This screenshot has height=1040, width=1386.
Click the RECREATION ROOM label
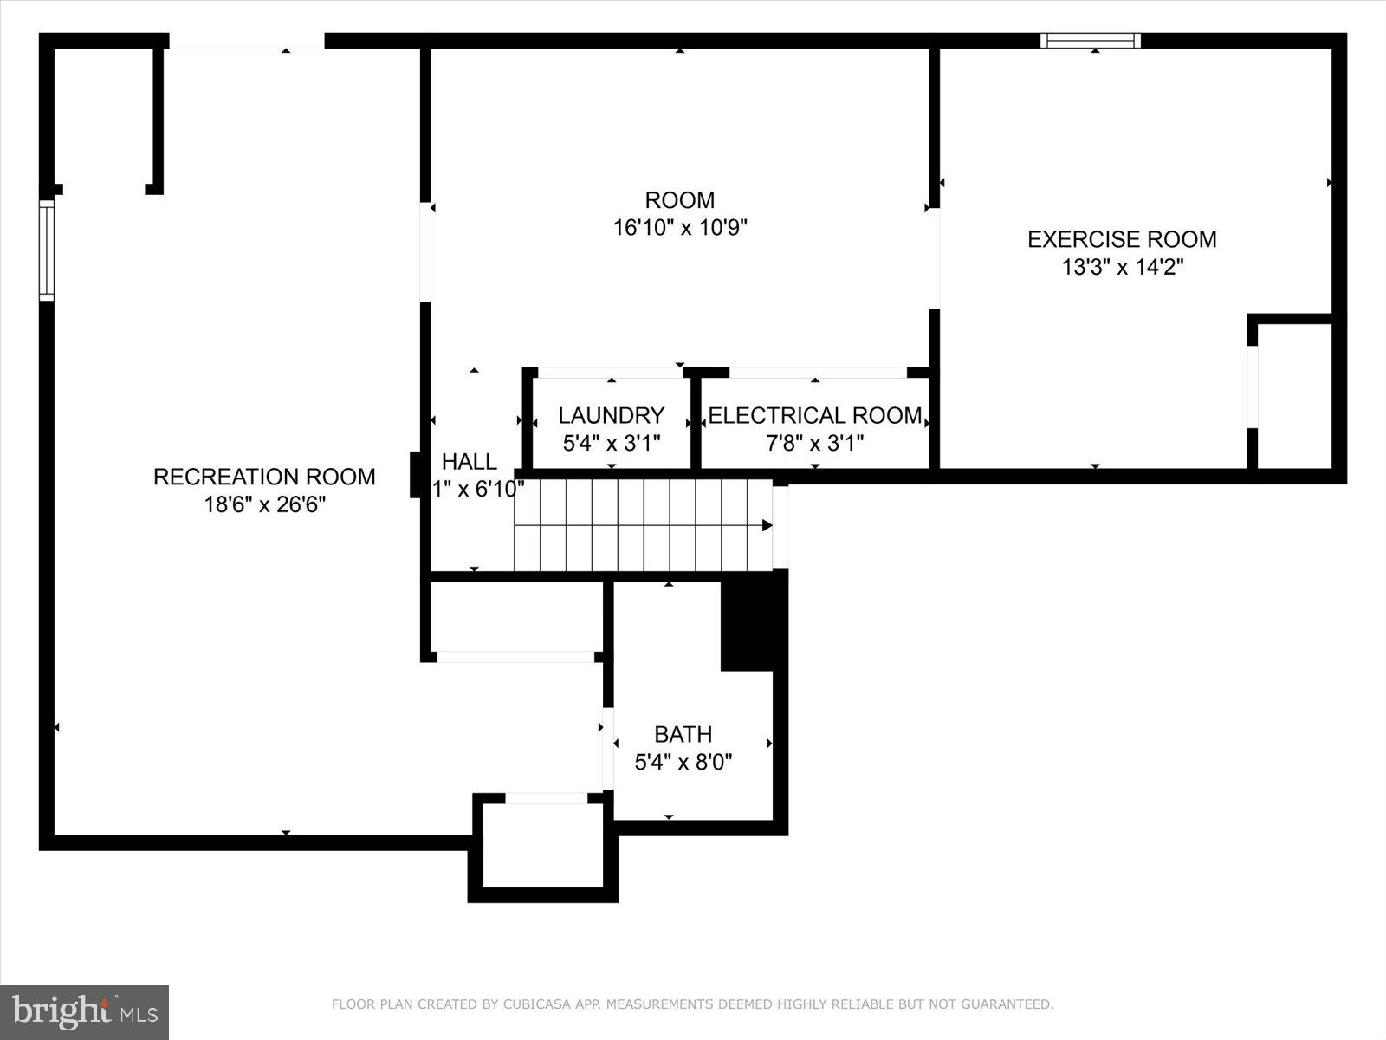(264, 477)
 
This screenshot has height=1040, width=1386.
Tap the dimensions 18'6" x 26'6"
(264, 504)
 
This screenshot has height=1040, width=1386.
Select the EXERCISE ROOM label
(1122, 239)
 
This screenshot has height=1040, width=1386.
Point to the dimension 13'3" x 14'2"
(1122, 267)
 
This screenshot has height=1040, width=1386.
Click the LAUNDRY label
(611, 415)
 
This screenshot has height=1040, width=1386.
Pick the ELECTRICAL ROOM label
(814, 415)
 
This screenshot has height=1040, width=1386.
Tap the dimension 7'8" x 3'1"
(814, 444)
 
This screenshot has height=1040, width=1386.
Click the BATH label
(683, 734)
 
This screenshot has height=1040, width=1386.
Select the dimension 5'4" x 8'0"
(683, 763)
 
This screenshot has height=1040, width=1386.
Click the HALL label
(470, 461)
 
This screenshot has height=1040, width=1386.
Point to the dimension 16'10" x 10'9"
(680, 228)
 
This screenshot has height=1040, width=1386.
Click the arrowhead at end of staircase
(767, 525)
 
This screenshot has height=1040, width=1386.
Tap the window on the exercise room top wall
(1091, 41)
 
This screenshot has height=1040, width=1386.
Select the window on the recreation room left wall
(47, 250)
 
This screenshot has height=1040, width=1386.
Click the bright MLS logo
(84, 1011)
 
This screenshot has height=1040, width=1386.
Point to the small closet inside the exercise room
(1294, 395)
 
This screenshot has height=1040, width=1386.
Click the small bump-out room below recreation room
(543, 845)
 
